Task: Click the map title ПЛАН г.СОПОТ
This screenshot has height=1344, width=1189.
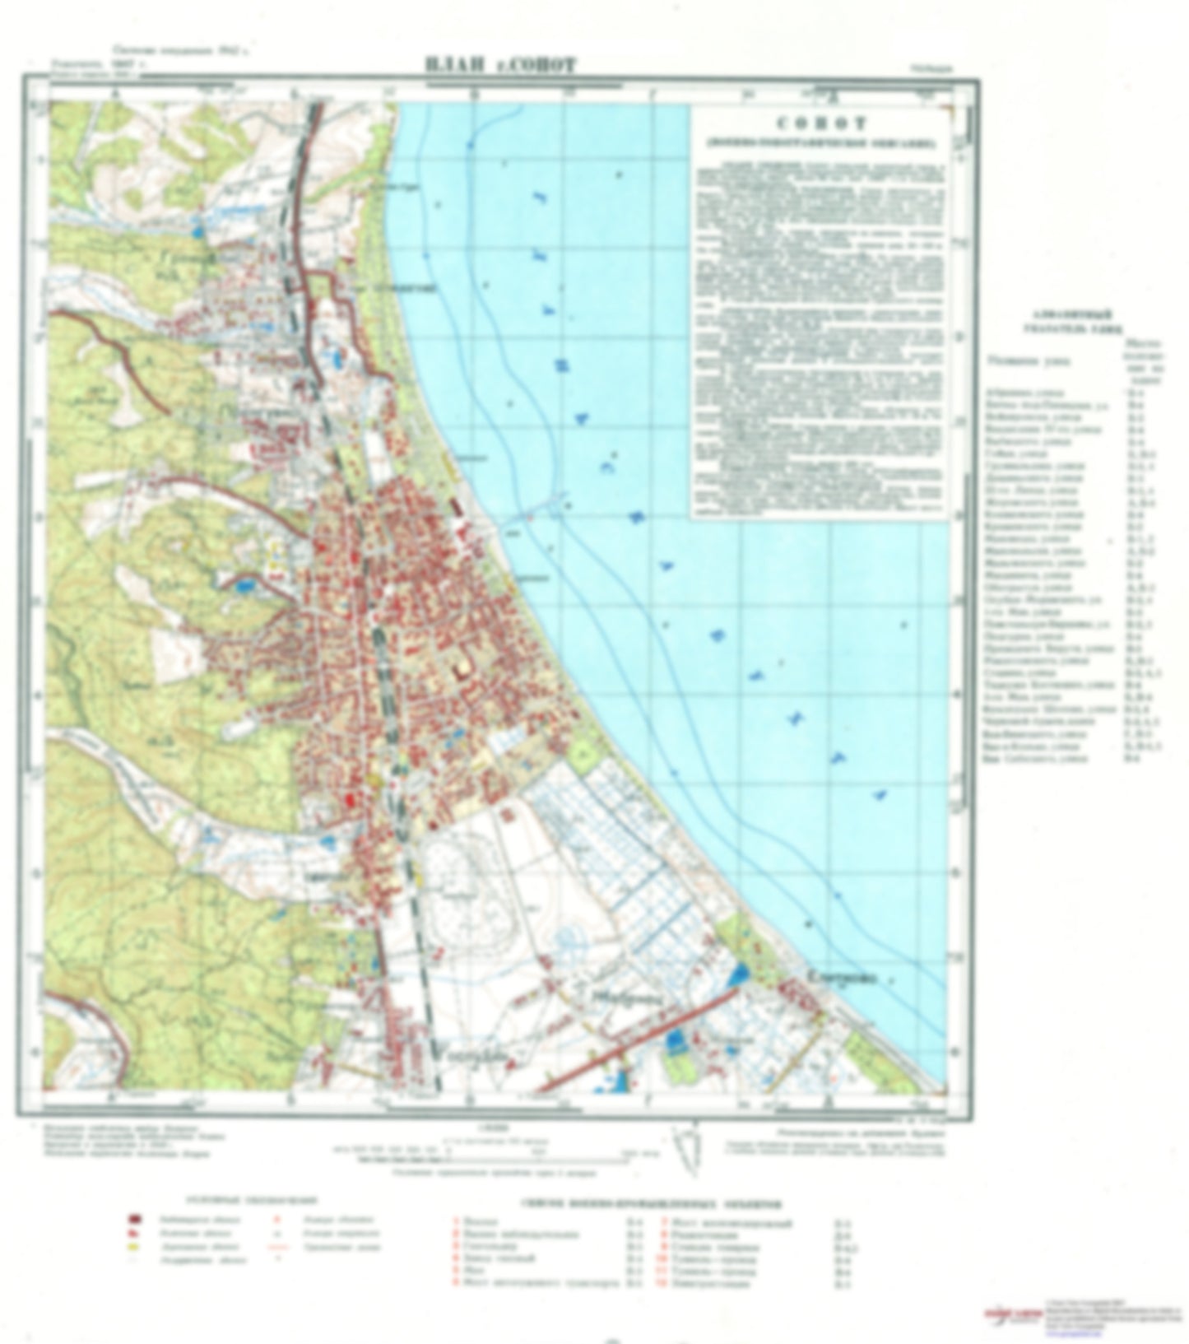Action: tap(500, 64)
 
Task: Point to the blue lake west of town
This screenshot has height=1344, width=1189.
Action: tap(244, 586)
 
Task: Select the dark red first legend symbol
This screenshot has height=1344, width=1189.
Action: tap(132, 1219)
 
